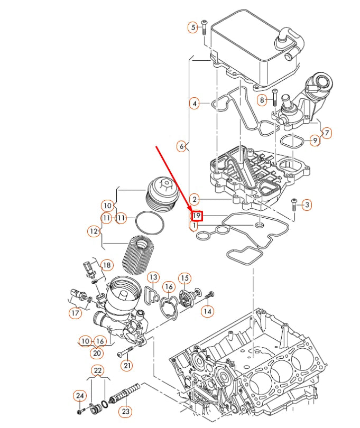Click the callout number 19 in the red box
pyautogui.click(x=196, y=216)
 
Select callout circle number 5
pyautogui.click(x=193, y=26)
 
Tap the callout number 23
pyautogui.click(x=125, y=411)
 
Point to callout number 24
pyautogui.click(x=79, y=395)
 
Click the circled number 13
pyautogui.click(x=153, y=277)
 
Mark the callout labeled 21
pyautogui.click(x=127, y=365)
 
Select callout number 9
pyautogui.click(x=315, y=141)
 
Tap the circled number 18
pyautogui.click(x=107, y=265)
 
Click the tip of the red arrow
pyautogui.click(x=193, y=211)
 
